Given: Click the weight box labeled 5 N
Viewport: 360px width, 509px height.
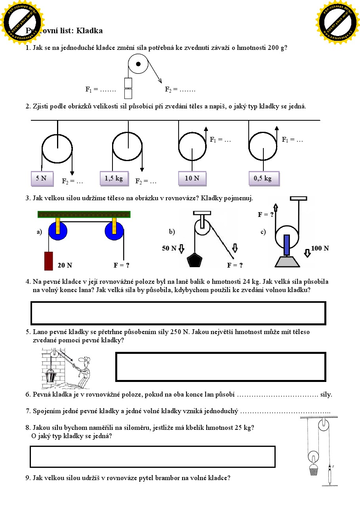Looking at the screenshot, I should tap(41, 179).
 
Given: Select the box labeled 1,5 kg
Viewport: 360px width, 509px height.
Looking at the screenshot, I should tap(114, 179).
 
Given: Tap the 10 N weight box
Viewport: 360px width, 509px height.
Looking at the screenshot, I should tap(192, 179).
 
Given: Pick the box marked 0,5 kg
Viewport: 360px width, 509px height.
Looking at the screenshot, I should tap(263, 179).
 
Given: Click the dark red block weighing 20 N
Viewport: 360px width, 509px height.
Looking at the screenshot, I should tap(48, 261).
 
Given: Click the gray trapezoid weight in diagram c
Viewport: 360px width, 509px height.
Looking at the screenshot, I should tap(287, 261).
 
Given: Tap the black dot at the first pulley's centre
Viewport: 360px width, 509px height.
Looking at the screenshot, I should tap(138, 64).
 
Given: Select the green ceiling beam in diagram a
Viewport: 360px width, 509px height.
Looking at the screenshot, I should tap(84, 215).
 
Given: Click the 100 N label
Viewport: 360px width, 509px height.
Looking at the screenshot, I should tap(320, 249).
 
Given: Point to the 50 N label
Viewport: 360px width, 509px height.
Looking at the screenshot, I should tap(169, 249).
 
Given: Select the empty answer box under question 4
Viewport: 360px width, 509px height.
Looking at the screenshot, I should tap(178, 313).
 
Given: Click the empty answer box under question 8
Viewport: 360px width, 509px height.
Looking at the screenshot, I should tap(152, 457).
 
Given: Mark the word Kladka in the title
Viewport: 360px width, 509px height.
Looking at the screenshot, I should tap(90, 30).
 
